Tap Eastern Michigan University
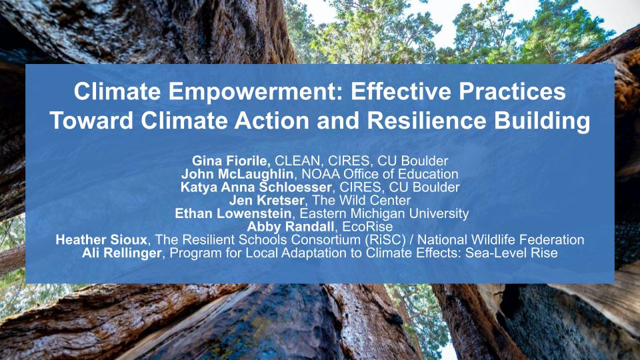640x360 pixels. [x=384, y=214]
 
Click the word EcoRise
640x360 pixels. [x=369, y=227]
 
